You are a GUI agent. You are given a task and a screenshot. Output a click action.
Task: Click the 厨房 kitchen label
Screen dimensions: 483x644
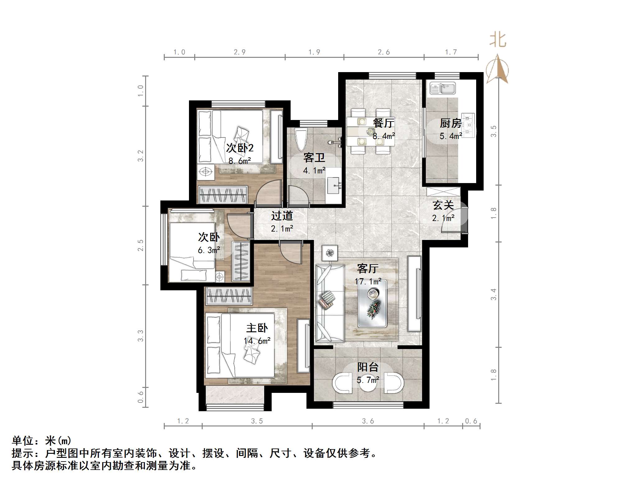[450, 123]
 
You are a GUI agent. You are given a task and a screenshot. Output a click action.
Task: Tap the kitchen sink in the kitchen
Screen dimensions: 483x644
[442, 88]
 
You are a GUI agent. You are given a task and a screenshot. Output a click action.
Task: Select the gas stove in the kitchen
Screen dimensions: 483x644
[468, 125]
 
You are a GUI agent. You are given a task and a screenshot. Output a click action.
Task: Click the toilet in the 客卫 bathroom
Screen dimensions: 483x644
[301, 139]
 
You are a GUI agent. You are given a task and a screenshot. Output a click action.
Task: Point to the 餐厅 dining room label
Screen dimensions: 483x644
[384, 123]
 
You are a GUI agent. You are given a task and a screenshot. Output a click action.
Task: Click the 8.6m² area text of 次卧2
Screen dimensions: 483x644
[240, 161]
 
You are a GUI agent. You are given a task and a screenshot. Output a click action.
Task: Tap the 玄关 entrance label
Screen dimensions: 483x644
[443, 205]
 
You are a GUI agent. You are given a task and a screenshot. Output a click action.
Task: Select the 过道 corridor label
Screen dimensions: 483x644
[282, 216]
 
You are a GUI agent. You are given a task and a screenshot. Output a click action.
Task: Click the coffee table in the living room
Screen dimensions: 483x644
[372, 303]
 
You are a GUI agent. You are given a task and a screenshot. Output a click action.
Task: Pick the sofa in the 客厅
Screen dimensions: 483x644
[329, 303]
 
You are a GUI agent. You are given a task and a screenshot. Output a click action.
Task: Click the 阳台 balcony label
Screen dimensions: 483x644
[368, 367]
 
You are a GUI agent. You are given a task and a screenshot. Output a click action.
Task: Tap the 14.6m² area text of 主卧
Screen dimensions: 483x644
[257, 341]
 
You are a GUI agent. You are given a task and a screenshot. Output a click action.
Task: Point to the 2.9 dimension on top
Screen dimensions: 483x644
[240, 52]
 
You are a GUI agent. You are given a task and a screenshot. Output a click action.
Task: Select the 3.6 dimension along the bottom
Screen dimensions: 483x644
[368, 421]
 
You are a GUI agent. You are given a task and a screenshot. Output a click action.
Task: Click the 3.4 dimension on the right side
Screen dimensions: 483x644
[494, 294]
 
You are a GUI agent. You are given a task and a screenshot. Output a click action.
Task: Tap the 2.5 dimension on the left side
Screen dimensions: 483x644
[140, 245]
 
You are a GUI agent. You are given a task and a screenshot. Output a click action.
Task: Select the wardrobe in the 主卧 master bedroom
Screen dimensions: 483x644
[228, 296]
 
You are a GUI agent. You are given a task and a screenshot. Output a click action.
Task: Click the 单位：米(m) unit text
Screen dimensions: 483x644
[42, 441]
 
